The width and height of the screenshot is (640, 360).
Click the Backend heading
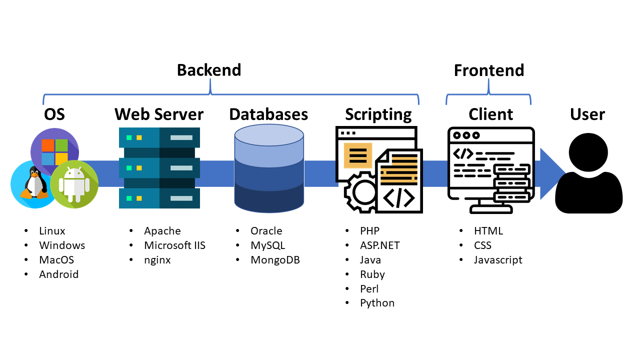(209, 70)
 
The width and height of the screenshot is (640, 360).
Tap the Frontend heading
(488, 70)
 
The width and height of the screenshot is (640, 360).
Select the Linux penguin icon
(33, 184)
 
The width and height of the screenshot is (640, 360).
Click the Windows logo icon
(54, 151)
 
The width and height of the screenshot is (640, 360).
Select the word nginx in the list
(157, 260)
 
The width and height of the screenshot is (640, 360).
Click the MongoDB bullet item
(275, 260)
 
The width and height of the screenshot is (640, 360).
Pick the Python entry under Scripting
(377, 303)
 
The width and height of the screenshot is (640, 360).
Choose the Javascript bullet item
(498, 260)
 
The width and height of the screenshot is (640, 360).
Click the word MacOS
(56, 260)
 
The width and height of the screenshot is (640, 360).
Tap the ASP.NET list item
(379, 245)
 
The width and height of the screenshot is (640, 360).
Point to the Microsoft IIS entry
(174, 245)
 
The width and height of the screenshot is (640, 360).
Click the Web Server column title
(159, 114)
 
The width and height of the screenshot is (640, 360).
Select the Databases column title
(268, 114)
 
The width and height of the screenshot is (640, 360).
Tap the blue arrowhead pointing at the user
(552, 174)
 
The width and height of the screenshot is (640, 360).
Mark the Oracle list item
(266, 231)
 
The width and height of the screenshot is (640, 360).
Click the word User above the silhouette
(587, 114)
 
